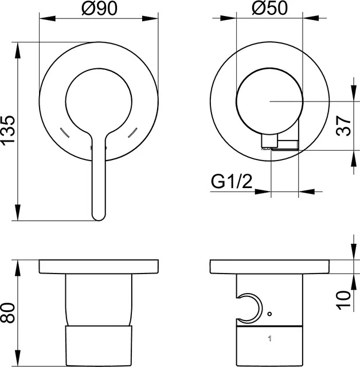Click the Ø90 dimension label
tap(99, 8)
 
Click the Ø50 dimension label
tap(268, 8)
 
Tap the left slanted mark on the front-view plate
tap(65, 133)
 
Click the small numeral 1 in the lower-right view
tap(269, 339)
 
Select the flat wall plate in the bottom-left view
tap(99, 267)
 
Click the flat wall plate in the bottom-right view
tap(270, 267)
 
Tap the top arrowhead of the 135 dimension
tap(18, 46)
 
